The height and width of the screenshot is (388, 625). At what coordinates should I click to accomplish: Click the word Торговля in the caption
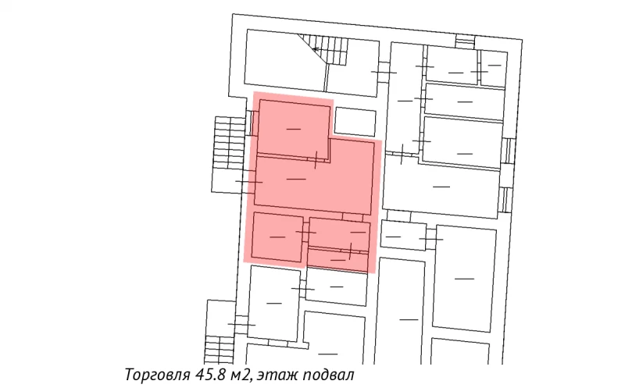click(155, 375)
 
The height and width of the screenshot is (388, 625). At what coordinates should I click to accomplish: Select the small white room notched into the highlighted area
click(355, 121)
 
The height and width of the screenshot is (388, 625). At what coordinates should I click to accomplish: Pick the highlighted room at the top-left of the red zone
click(293, 126)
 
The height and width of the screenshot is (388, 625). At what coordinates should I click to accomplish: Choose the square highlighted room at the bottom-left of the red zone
click(277, 237)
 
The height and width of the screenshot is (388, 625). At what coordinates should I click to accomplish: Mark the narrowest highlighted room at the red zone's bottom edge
click(337, 259)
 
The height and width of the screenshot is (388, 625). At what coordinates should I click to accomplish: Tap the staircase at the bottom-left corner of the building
click(220, 332)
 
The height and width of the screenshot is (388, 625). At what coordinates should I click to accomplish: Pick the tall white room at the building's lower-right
click(465, 278)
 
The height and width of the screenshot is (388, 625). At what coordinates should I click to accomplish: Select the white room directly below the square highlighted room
click(273, 303)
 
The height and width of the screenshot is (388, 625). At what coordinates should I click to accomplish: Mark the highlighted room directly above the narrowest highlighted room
click(339, 232)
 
